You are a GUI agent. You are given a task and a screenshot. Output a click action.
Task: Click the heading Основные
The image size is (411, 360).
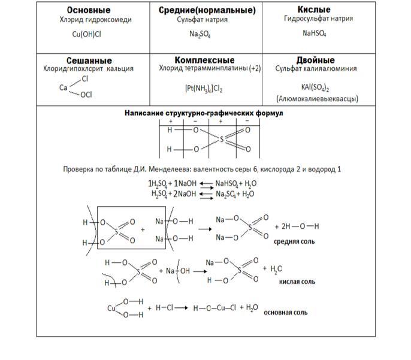click(88, 10)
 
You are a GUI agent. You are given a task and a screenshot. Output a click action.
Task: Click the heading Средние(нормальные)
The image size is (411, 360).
click(207, 10)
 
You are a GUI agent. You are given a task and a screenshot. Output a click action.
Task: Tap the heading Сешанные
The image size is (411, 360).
click(89, 60)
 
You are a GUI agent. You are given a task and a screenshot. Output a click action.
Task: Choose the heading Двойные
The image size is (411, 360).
click(315, 60)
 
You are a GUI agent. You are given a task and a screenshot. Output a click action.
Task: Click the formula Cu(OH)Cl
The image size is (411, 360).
click(87, 34)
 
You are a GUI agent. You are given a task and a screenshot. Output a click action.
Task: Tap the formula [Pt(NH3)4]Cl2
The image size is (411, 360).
click(204, 89)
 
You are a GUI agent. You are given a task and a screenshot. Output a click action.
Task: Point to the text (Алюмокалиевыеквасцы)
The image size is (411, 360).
click(317, 98)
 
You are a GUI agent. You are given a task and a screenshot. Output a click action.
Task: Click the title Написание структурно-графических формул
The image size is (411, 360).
click(204, 113)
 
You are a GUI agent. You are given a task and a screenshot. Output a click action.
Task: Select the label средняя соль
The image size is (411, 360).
click(295, 242)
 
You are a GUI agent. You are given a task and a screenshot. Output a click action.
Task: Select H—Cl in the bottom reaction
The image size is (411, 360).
click(164, 308)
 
